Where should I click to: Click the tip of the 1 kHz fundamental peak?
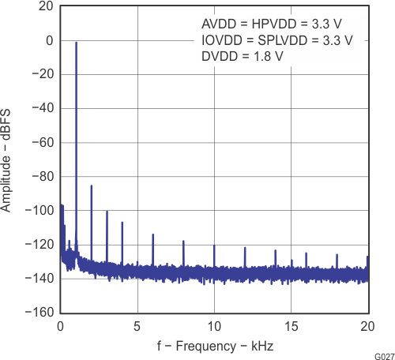[x=76, y=43]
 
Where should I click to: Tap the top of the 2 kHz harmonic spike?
[x=92, y=186]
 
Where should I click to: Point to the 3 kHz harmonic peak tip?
[x=107, y=211]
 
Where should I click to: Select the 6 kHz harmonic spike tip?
[x=152, y=234]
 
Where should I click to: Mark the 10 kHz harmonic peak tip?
[x=214, y=246]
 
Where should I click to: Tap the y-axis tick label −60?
[x=40, y=142]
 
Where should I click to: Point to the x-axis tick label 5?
[x=137, y=325]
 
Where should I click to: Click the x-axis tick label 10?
[x=214, y=325]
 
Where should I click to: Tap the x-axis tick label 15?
[x=291, y=325]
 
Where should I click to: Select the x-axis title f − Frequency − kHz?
[x=214, y=345]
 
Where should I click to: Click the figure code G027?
[x=382, y=355]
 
